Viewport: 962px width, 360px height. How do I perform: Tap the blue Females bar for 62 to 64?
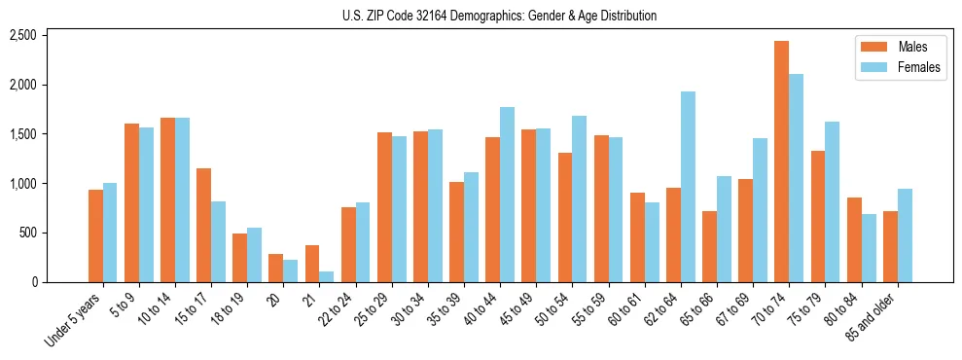click(688, 187)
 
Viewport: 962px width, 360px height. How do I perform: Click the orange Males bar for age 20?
click(275, 269)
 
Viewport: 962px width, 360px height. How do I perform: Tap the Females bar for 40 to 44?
click(507, 195)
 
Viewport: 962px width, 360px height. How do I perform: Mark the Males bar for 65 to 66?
click(709, 247)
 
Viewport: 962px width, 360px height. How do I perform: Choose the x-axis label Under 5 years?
click(74, 319)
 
